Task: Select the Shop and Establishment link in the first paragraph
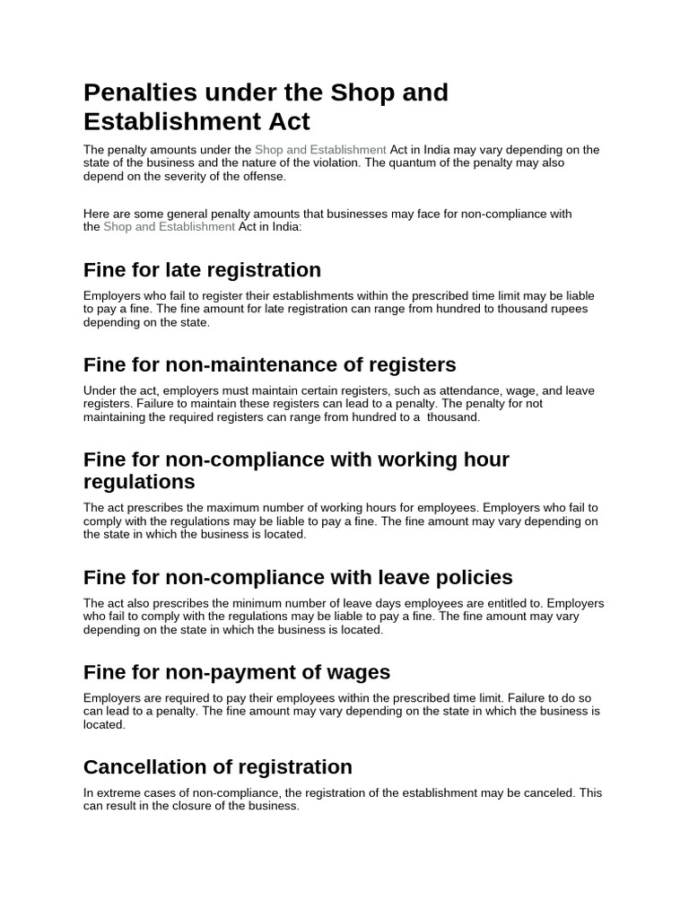(320, 150)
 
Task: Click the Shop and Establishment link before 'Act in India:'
(169, 227)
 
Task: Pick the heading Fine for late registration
(202, 270)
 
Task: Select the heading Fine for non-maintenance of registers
(269, 365)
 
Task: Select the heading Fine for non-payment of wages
(236, 672)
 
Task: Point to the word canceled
(548, 793)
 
